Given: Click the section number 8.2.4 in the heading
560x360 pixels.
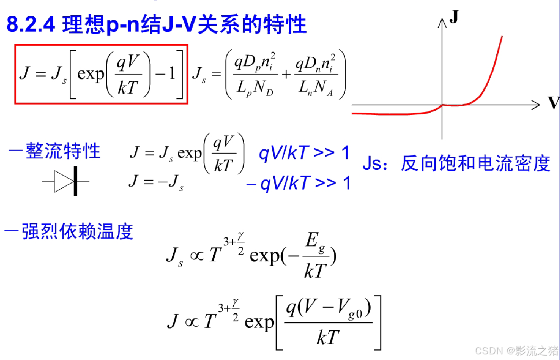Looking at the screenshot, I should pos(31,25).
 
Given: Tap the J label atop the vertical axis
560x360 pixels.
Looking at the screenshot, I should pos(454,17).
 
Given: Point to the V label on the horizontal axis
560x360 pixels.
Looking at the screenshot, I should pos(554,103).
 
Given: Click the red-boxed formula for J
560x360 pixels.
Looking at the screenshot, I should pos(101,74).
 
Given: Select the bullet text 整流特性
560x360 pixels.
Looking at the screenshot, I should pos(63,152).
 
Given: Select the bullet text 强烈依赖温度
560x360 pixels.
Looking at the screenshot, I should pos(77,232).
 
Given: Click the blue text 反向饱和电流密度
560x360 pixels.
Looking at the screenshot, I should pos(475,163).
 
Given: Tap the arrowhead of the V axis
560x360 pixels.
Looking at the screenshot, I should pos(536,105).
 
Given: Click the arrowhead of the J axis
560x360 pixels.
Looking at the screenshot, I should pos(442,23).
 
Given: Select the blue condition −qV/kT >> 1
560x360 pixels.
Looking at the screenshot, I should pos(299,184).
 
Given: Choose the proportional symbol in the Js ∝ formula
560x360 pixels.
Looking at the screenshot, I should pos(197,256).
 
